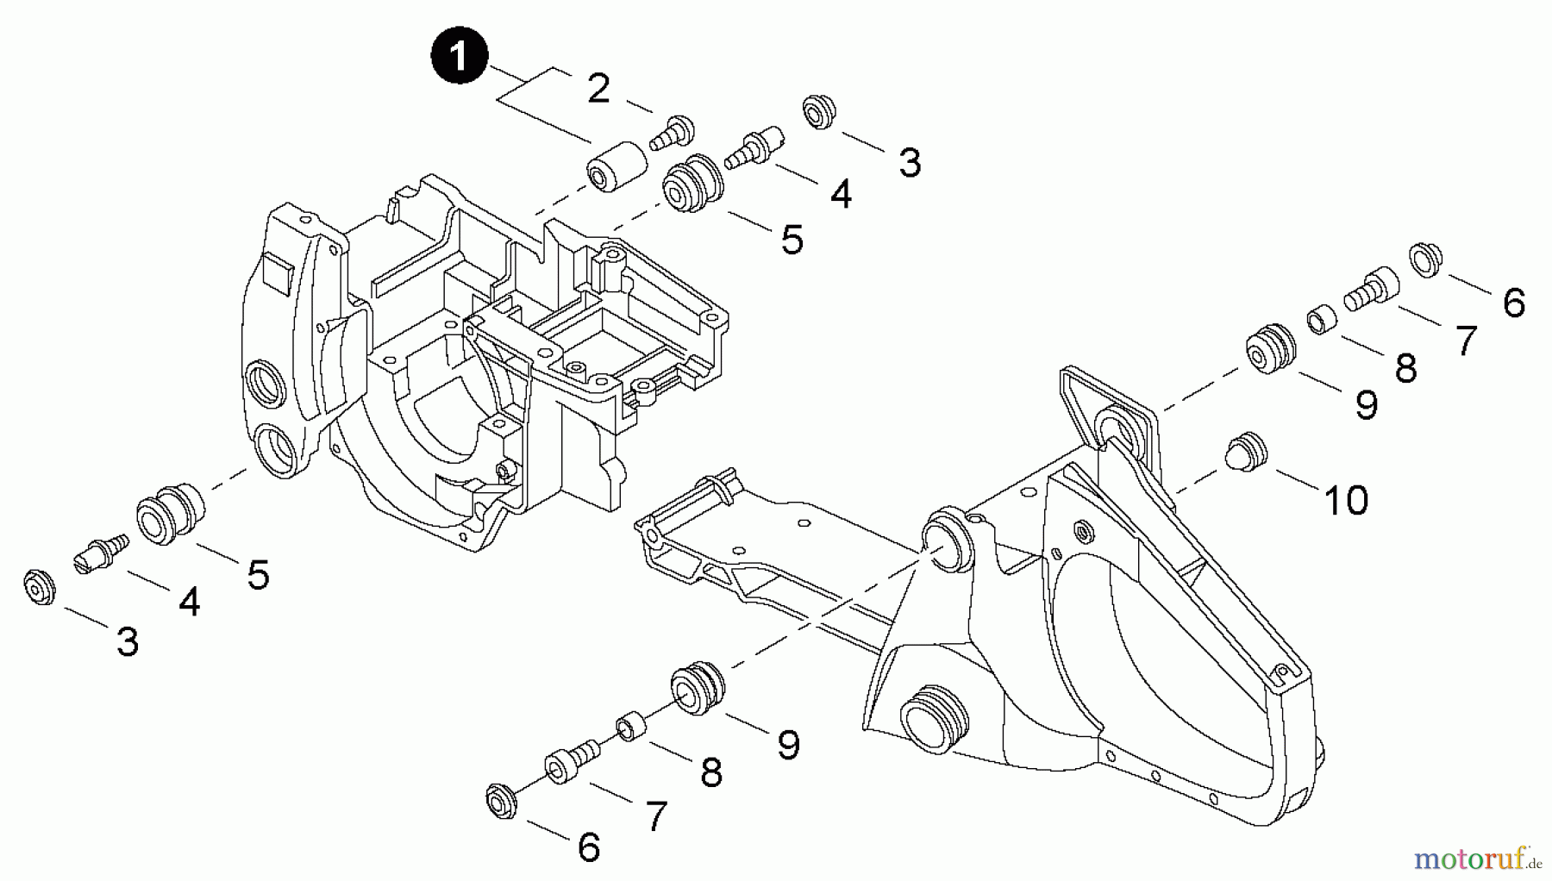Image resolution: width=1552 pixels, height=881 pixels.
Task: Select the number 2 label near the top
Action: point(598,89)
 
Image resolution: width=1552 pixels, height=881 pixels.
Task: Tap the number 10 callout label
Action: point(1346,500)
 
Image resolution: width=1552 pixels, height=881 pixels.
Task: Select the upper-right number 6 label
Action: point(1513,303)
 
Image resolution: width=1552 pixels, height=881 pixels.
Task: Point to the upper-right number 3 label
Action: point(910,162)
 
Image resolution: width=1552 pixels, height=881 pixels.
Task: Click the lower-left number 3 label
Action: point(128,641)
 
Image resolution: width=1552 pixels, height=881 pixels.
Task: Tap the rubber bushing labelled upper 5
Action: point(693,183)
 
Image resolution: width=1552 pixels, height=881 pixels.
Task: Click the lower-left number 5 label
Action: point(258,575)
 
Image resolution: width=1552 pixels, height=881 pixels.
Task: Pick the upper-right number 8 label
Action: point(1405,369)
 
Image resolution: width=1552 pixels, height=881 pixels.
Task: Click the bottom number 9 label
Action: point(788,745)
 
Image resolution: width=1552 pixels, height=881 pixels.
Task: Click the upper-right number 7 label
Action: point(1466,341)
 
